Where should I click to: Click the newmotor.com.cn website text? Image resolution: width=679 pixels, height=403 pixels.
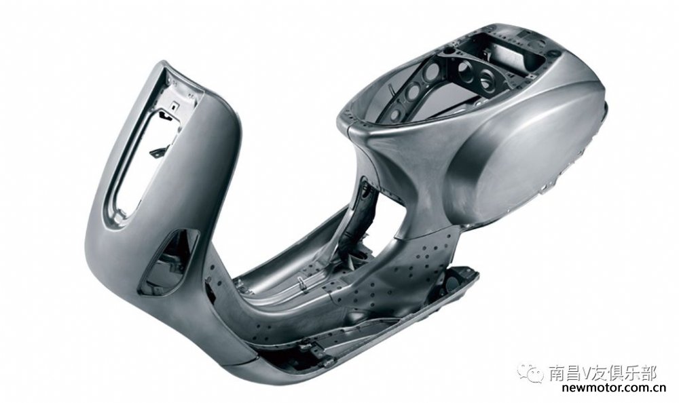coord(613,388)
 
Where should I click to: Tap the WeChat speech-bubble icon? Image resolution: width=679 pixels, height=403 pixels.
coord(532,373)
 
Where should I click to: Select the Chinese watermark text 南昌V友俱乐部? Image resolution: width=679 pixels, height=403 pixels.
coord(603,373)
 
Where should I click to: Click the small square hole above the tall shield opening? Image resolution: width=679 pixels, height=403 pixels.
coord(172,104)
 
